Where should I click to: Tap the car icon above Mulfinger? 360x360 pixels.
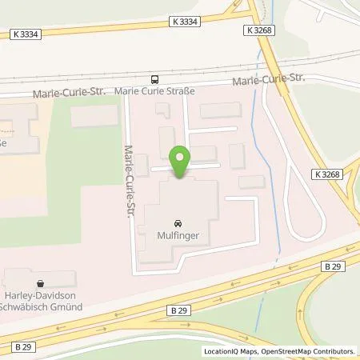coord(175,223)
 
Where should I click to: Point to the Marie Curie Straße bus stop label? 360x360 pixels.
coord(155,90)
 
